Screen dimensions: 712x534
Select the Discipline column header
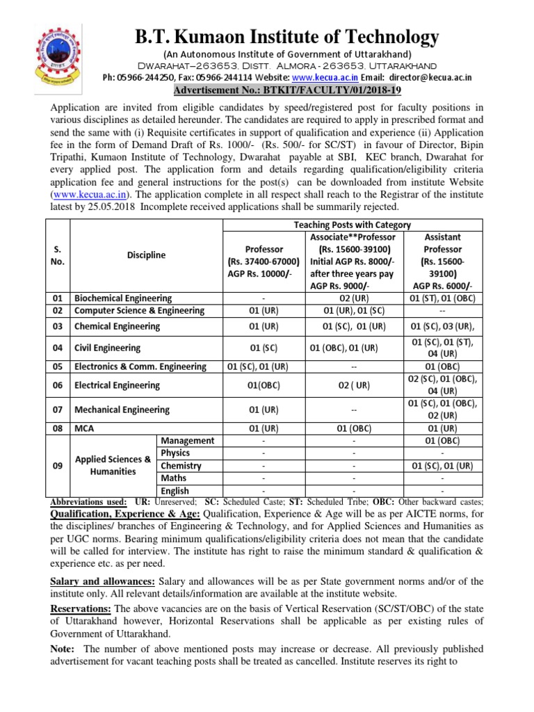[x=146, y=255]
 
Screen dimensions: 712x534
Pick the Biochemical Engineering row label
[x=123, y=298]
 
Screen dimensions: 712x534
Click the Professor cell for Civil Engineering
[x=264, y=348]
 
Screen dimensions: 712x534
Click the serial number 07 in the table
[x=58, y=410]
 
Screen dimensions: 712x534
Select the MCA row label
[x=84, y=428]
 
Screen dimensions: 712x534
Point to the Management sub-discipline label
[x=188, y=441]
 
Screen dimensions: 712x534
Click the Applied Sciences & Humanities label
[x=113, y=465]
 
